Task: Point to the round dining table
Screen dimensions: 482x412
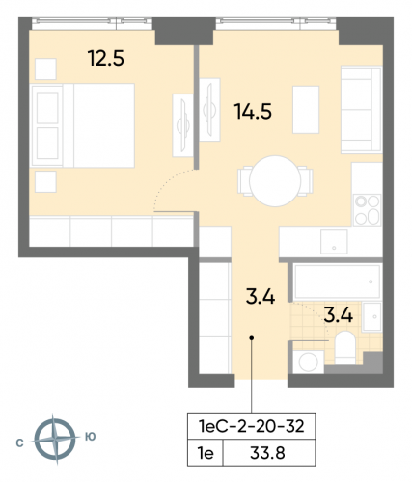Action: [275, 179]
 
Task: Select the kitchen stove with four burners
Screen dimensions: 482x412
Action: [368, 211]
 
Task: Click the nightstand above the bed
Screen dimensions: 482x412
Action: [44, 67]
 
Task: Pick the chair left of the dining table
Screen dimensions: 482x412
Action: [243, 179]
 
